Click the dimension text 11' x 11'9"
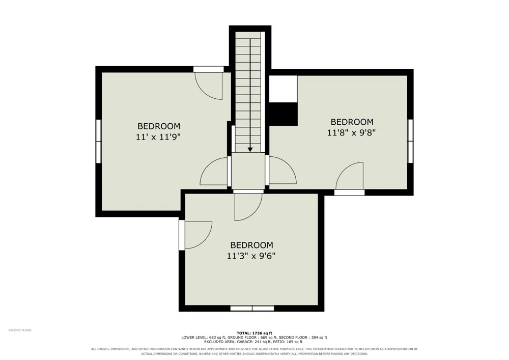[158, 137]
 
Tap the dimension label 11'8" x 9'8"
[352, 133]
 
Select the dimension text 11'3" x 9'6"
[251, 256]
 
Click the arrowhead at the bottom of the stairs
[250, 149]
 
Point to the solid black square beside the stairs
[284, 114]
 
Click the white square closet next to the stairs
[284, 89]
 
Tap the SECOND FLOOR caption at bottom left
[20, 330]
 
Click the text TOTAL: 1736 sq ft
[254, 333]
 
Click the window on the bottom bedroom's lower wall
[252, 309]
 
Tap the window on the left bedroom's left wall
[98, 141]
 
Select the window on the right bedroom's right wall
[410, 141]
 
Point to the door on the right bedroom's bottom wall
[349, 179]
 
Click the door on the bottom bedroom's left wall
[195, 235]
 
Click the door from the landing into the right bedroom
[281, 171]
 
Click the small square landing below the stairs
[248, 171]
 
